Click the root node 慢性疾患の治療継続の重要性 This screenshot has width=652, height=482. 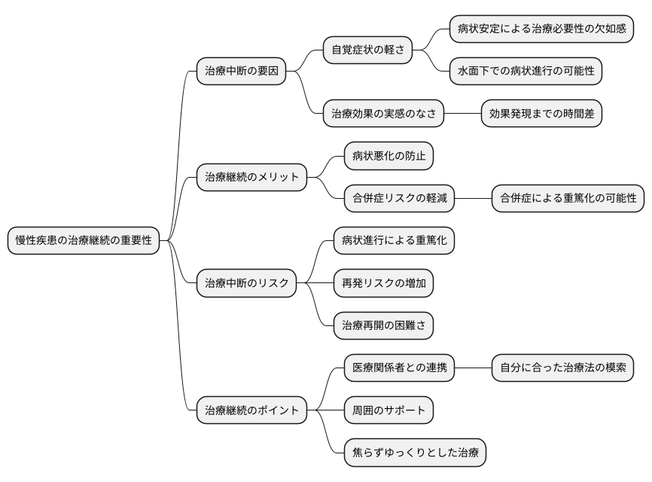84,241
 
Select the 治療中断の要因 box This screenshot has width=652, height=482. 241,72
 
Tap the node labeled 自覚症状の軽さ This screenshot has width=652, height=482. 368,50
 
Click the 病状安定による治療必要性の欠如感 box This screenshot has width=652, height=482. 541,29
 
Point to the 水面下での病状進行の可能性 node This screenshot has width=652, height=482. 526,72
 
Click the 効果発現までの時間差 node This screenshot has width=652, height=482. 541,114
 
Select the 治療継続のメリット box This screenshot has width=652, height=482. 251,178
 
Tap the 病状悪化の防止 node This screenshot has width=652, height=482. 388,157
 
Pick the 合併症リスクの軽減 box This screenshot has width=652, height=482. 399,199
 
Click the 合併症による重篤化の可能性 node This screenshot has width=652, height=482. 568,199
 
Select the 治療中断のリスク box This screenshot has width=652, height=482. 246,283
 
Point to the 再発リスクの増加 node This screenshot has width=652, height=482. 383,283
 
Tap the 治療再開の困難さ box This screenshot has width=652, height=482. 383,325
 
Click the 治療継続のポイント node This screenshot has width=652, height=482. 251,410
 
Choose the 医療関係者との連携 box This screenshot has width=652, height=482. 399,368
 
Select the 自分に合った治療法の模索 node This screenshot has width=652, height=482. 562,368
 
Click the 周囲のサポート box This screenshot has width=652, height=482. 388,410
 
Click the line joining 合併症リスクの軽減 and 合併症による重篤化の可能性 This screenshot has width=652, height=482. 473,199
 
